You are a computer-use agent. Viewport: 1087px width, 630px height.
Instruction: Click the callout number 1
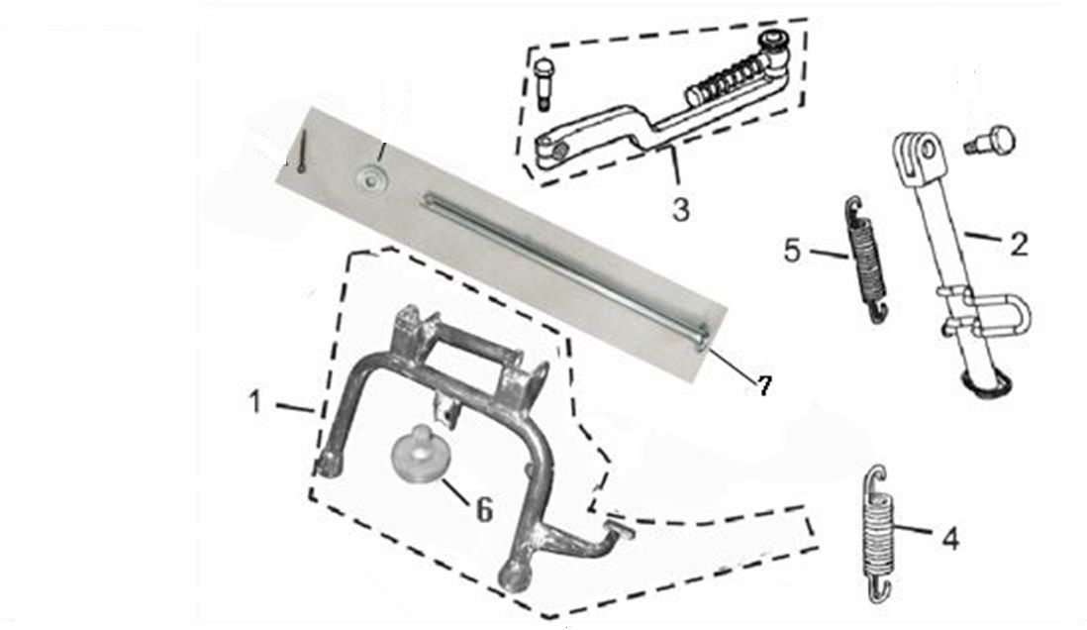coord(255,402)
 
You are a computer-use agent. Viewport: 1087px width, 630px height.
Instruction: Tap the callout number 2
coord(1018,245)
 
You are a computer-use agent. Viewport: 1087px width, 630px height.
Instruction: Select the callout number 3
coord(681,208)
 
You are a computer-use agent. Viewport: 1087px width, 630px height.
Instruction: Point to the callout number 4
coord(951,538)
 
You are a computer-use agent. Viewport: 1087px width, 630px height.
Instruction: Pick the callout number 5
coord(792,251)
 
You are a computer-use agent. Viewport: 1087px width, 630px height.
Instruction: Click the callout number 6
coord(484,510)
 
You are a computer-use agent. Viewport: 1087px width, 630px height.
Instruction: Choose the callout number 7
coord(763,385)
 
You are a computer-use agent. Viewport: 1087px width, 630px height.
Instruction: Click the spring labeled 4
coord(877,534)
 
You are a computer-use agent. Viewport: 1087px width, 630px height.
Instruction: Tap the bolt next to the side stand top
coord(990,142)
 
